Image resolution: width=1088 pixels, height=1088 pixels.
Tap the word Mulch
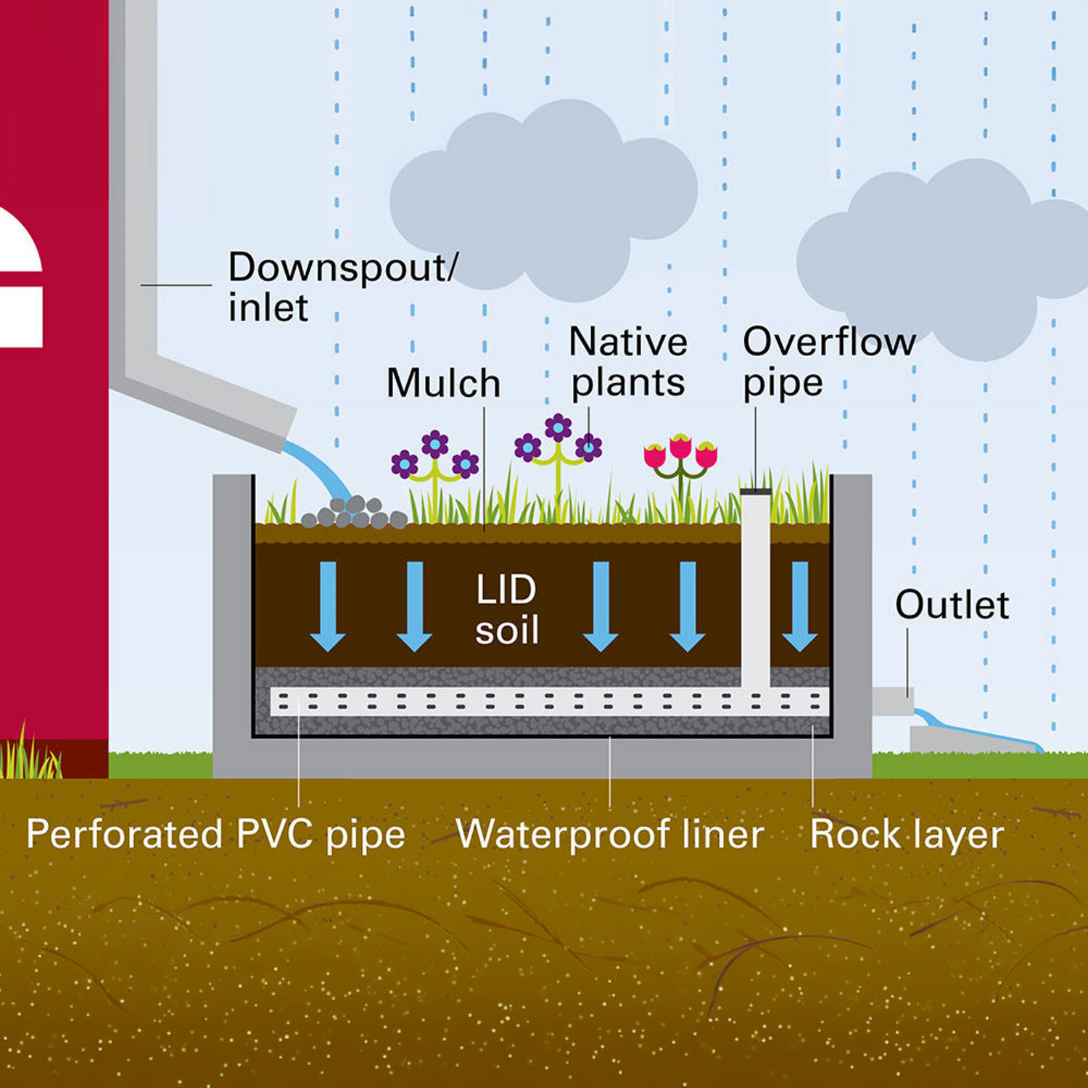(443, 383)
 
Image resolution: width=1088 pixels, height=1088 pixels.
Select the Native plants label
(627, 361)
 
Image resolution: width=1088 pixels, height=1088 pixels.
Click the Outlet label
(951, 604)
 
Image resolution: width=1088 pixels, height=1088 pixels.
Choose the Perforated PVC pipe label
(215, 834)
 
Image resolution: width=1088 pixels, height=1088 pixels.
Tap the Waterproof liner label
(609, 834)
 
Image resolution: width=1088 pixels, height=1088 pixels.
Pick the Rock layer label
(906, 834)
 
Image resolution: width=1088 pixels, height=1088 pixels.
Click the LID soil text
(506, 609)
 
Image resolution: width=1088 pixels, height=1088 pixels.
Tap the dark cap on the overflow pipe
(755, 492)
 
